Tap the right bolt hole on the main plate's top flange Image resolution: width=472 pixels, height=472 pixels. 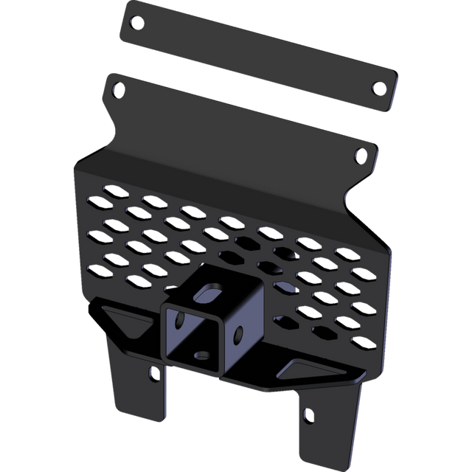[x=360, y=155]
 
